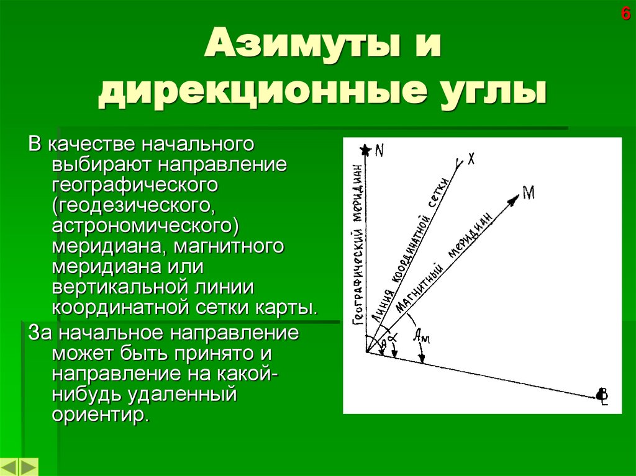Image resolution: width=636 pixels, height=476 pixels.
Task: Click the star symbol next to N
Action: click(x=366, y=150)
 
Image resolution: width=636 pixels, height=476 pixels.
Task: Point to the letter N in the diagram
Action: click(x=379, y=150)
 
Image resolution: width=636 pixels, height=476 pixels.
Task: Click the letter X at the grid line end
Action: click(x=471, y=159)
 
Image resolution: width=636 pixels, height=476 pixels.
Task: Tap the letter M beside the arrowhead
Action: click(x=529, y=193)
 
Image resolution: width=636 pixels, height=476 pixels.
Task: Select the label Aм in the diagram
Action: click(x=421, y=337)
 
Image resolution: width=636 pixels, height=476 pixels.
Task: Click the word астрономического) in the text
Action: click(x=147, y=223)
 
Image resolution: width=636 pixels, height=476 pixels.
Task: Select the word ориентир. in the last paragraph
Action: click(x=101, y=414)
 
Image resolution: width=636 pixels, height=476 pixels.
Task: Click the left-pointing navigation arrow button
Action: click(x=10, y=467)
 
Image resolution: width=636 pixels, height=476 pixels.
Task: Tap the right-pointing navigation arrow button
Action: click(x=29, y=467)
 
